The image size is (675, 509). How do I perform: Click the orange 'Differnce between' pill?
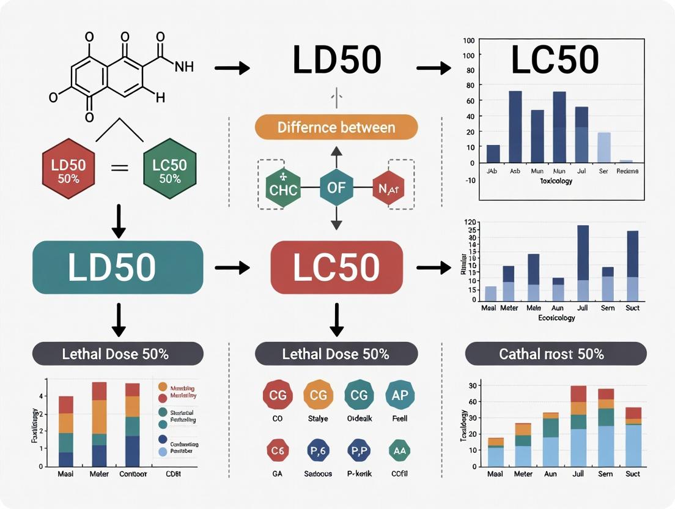point(336,127)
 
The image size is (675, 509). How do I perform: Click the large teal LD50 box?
point(117,267)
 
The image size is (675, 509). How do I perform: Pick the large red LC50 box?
point(336,267)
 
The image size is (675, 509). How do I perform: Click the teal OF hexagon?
point(336,187)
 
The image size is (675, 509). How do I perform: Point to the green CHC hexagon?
point(283,188)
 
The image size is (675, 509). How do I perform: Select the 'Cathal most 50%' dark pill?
point(555,354)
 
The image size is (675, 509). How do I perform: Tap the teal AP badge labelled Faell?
point(400,395)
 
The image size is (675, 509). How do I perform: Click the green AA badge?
point(400,450)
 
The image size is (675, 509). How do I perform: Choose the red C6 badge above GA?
point(278,450)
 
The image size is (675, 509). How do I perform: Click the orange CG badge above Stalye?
point(319,395)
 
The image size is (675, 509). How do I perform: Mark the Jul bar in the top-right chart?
point(581,135)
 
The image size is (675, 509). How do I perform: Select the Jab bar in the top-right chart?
point(493,154)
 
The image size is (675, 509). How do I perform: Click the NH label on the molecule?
point(184,67)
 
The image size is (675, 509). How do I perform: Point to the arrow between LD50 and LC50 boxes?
point(232,267)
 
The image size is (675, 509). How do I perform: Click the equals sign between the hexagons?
point(120,168)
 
